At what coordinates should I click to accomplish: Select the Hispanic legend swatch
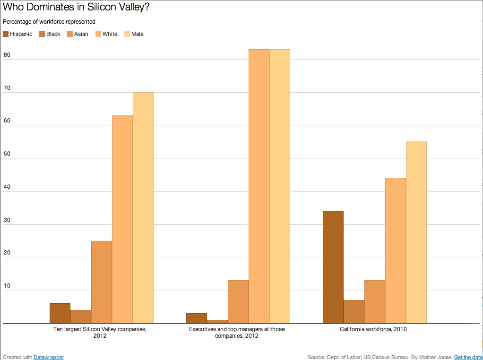(x=6, y=34)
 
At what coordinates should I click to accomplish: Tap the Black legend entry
(x=50, y=34)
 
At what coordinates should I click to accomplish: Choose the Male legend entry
(x=134, y=34)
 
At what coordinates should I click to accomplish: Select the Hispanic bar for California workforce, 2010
(x=333, y=267)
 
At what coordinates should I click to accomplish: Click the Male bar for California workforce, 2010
(x=416, y=232)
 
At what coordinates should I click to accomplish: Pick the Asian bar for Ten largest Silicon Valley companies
(x=102, y=282)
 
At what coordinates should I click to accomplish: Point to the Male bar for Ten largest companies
(x=143, y=208)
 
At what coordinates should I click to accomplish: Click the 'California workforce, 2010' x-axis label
(x=373, y=329)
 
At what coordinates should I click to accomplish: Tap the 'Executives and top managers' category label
(x=237, y=333)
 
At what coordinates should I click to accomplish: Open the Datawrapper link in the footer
(x=49, y=357)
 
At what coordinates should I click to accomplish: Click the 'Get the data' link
(x=468, y=357)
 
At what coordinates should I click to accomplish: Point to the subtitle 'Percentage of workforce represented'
(x=49, y=22)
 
